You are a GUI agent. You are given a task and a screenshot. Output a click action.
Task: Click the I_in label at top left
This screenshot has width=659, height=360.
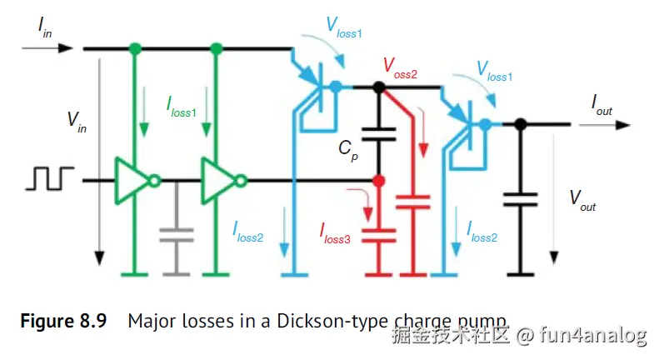tap(44, 27)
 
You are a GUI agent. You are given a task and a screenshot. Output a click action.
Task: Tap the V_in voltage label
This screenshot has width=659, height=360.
tap(77, 122)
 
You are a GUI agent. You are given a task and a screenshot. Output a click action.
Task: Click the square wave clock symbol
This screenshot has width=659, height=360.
tap(50, 178)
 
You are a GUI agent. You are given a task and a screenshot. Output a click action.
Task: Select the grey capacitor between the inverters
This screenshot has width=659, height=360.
tap(177, 235)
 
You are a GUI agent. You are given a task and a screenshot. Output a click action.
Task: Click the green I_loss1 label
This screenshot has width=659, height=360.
tap(182, 107)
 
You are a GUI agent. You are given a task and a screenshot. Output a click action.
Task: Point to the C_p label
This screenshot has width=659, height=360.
tap(348, 150)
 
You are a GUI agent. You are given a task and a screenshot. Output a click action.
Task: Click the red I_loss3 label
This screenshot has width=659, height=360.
tap(335, 234)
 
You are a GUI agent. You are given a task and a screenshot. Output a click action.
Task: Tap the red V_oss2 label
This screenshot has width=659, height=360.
tap(400, 68)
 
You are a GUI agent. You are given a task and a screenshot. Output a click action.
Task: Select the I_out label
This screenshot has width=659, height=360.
tap(602, 105)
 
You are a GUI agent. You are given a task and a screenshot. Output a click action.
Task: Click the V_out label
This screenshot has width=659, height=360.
tap(582, 201)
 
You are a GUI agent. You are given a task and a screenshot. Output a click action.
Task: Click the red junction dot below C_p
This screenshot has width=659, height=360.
tap(379, 181)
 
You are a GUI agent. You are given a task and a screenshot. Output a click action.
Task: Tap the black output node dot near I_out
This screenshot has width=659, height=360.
tap(521, 124)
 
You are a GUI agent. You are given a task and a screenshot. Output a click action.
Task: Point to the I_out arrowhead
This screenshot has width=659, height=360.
tap(623, 125)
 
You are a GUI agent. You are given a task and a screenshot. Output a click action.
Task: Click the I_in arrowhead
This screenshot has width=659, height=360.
tap(66, 48)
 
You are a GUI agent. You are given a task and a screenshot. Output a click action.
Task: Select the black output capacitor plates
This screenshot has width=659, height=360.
tap(521, 199)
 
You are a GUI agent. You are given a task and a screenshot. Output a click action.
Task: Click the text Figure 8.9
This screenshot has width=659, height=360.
tap(63, 322)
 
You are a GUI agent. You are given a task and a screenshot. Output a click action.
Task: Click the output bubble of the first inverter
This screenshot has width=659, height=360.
tap(155, 182)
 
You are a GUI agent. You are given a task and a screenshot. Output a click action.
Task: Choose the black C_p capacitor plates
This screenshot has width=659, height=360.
tap(379, 134)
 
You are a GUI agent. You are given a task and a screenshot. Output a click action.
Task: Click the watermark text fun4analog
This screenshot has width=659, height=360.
tap(593, 336)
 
